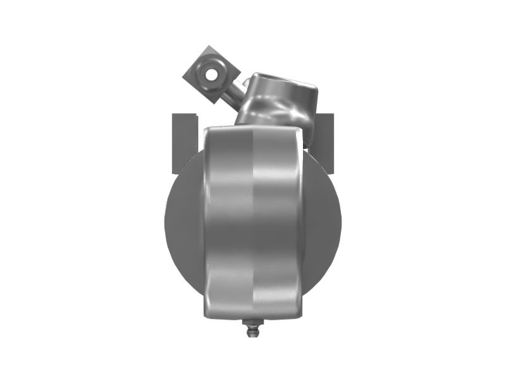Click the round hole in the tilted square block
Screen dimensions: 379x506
pyautogui.click(x=210, y=75)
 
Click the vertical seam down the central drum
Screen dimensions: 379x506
pyautogui.click(x=254, y=221)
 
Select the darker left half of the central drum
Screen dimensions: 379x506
pyautogui.click(x=228, y=221)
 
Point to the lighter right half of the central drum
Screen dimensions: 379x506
pyautogui.click(x=278, y=221)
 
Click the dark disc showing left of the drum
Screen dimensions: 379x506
pyautogui.click(x=183, y=221)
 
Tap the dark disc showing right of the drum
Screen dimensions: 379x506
pyautogui.click(x=323, y=221)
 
